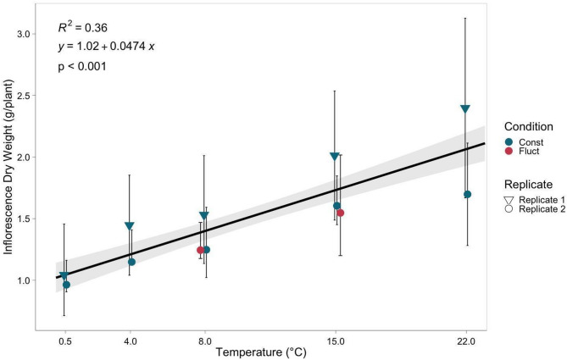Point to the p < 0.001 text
click(x=81, y=66)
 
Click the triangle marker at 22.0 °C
click(x=465, y=108)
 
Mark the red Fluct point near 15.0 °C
click(x=341, y=213)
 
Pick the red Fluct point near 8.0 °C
click(x=201, y=250)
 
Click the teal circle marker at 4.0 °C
click(x=131, y=262)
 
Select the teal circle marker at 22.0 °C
click(x=467, y=194)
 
